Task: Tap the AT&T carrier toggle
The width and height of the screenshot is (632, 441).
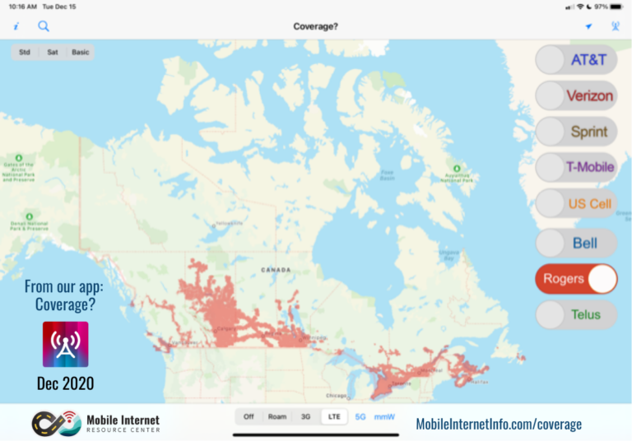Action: pyautogui.click(x=576, y=60)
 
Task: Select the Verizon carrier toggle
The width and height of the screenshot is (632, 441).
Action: pyautogui.click(x=576, y=95)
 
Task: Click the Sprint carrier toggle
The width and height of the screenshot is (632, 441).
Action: pyautogui.click(x=576, y=132)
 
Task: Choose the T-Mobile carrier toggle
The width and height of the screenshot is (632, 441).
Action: pyautogui.click(x=576, y=167)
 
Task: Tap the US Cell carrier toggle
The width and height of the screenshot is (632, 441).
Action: pyautogui.click(x=576, y=203)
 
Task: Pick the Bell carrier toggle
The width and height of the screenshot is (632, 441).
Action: pyautogui.click(x=576, y=244)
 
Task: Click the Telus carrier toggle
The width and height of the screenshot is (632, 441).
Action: pyautogui.click(x=576, y=314)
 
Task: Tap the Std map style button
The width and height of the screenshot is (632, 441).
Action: pyautogui.click(x=25, y=53)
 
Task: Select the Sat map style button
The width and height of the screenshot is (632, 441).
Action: pyautogui.click(x=53, y=53)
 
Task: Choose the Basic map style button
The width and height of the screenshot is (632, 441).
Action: pyautogui.click(x=80, y=53)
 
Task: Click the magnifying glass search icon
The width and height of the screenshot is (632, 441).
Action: pyautogui.click(x=44, y=26)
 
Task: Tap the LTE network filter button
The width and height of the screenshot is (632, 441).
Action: pyautogui.click(x=334, y=417)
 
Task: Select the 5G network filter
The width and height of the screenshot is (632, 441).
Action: pyautogui.click(x=360, y=417)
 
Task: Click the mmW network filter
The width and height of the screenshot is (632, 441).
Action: pyautogui.click(x=384, y=417)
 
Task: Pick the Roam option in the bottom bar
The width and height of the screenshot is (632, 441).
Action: pyautogui.click(x=277, y=417)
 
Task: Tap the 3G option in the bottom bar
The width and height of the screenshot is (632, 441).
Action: pyautogui.click(x=306, y=417)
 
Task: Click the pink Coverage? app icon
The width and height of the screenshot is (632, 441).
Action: pyautogui.click(x=65, y=344)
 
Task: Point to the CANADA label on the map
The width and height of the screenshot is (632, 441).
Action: pyautogui.click(x=276, y=270)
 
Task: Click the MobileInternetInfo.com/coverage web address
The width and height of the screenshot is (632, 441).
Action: pyautogui.click(x=499, y=425)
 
